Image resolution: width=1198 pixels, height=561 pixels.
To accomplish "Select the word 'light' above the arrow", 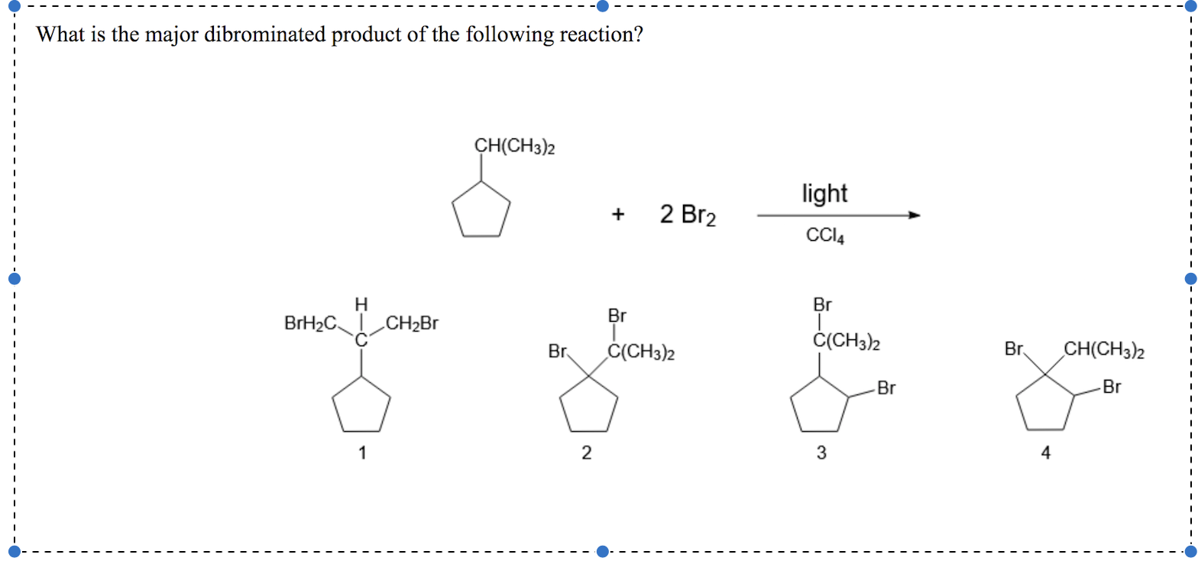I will click(824, 194).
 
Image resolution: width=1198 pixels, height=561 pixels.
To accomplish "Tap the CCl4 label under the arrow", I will click(825, 236).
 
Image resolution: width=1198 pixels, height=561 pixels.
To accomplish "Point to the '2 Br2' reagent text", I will click(688, 216).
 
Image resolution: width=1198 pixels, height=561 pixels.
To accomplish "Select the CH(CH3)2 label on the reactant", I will click(514, 145).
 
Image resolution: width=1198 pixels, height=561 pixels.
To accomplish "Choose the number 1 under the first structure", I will click(362, 454).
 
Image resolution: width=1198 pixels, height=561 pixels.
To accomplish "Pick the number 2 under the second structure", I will click(586, 454).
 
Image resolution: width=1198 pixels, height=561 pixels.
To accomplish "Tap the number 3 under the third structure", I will click(821, 454).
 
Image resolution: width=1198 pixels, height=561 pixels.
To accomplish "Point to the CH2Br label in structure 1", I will click(412, 323).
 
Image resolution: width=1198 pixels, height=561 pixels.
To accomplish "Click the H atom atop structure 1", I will click(361, 304).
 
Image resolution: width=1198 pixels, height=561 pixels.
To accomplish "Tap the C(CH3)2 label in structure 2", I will click(641, 353).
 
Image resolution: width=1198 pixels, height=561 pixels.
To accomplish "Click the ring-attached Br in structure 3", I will click(886, 388).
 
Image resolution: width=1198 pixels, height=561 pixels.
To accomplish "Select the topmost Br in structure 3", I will click(822, 305).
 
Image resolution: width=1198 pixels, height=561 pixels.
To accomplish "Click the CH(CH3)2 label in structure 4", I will click(1104, 352).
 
